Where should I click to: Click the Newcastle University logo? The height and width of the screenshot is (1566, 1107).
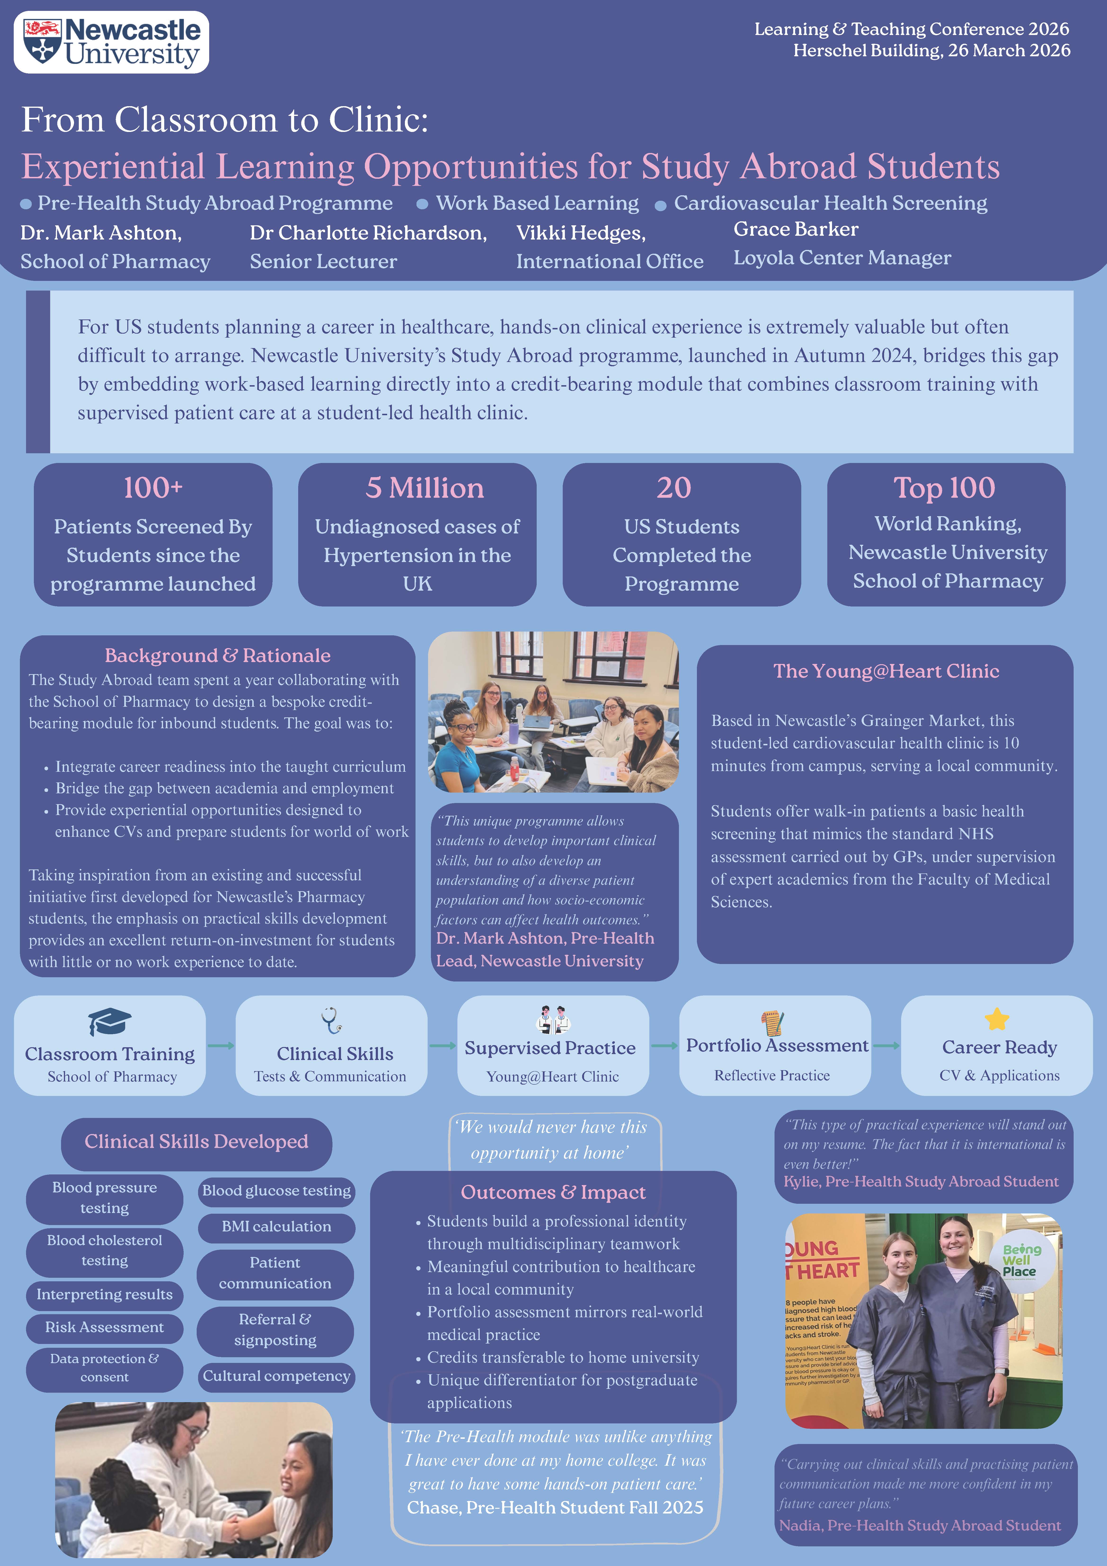click(111, 42)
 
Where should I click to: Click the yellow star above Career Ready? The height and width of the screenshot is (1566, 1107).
click(997, 1019)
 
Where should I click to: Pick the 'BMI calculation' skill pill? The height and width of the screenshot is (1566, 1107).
click(276, 1226)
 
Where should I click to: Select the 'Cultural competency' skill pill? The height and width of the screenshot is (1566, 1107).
click(276, 1376)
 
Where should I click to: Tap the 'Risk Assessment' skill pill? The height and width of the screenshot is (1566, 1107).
click(104, 1327)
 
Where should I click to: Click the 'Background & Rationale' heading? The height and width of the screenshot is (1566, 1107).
click(218, 655)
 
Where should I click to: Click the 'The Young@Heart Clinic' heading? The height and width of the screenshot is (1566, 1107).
click(886, 671)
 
